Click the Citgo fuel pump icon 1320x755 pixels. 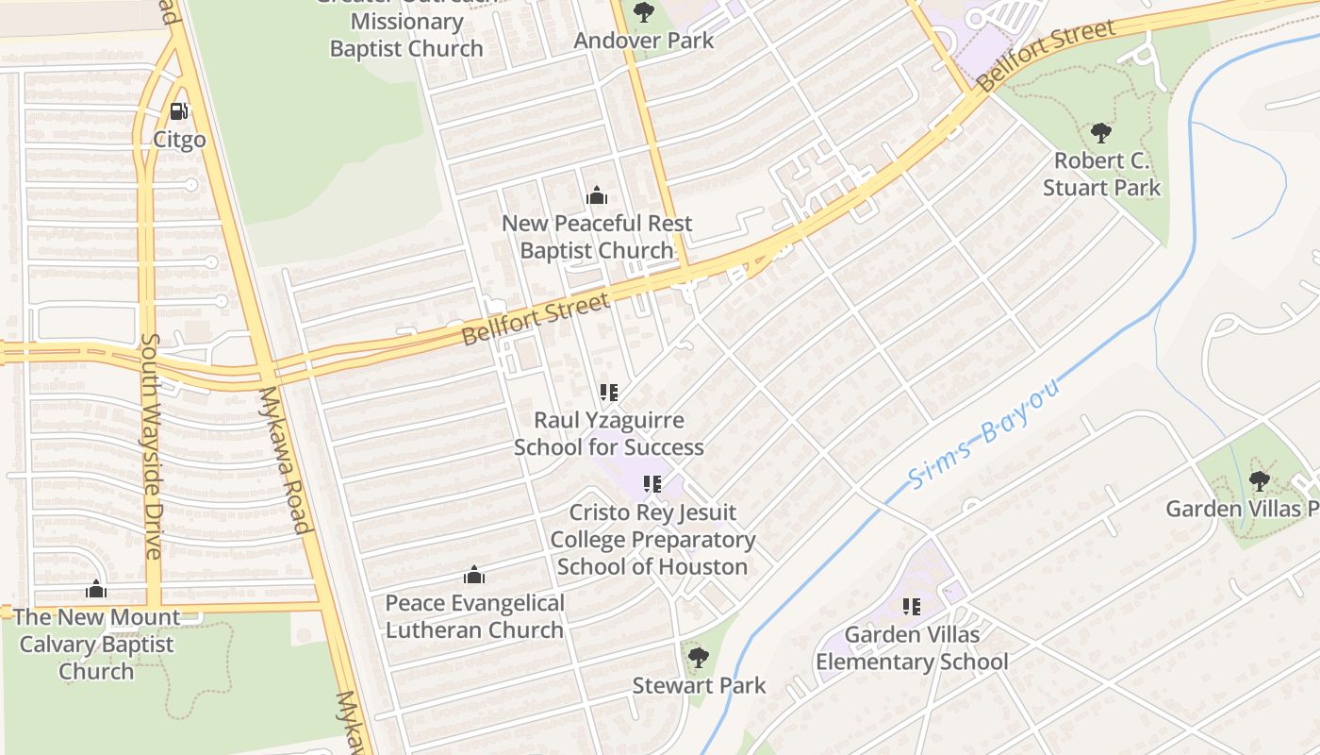coord(179,111)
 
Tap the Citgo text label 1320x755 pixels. coord(179,140)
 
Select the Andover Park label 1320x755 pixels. coord(644,41)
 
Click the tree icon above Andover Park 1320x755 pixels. coord(644,12)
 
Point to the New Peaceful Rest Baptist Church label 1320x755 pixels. coord(597,237)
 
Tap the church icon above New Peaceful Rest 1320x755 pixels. coord(596,196)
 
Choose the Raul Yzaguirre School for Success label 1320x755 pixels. coord(609,433)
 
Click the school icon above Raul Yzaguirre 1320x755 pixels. coord(609,392)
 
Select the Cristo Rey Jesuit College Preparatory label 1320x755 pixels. coord(652,539)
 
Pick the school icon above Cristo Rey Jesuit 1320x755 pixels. coord(652,484)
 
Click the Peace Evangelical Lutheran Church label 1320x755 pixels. coord(475,616)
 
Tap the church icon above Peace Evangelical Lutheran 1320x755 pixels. coord(473,575)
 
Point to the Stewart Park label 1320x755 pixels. coord(700,685)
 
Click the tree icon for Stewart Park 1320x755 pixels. coord(698,657)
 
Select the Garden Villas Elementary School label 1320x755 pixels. coord(912,648)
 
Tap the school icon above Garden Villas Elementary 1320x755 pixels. coord(911,606)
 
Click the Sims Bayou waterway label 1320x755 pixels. coord(986,433)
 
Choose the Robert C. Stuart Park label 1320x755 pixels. coord(1102,174)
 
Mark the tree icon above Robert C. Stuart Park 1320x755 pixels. coord(1100,132)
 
